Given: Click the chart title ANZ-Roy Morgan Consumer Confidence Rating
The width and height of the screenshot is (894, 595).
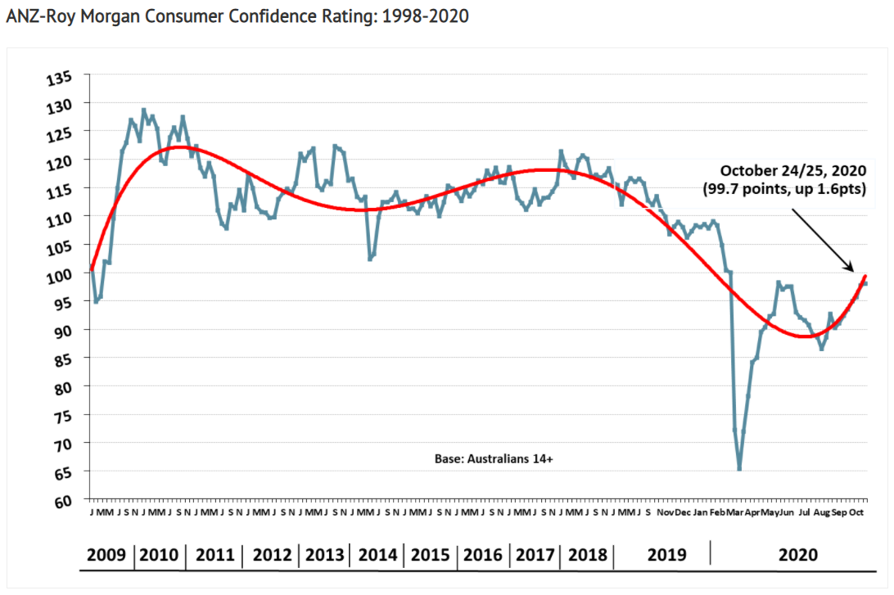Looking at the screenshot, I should [237, 16].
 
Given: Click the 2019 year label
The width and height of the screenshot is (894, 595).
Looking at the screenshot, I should [666, 554].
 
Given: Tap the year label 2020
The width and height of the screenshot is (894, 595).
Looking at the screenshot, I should [798, 554].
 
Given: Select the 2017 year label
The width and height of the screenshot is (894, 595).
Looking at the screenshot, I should [535, 554].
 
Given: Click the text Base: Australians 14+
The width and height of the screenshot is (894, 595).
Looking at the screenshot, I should [494, 459].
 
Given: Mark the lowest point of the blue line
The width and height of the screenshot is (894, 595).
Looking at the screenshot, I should [739, 469].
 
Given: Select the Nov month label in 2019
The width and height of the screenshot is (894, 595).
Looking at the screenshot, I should [665, 512].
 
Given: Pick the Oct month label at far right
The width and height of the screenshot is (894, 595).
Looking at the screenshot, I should [856, 512].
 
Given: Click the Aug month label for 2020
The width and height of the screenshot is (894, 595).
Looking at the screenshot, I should [821, 512].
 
